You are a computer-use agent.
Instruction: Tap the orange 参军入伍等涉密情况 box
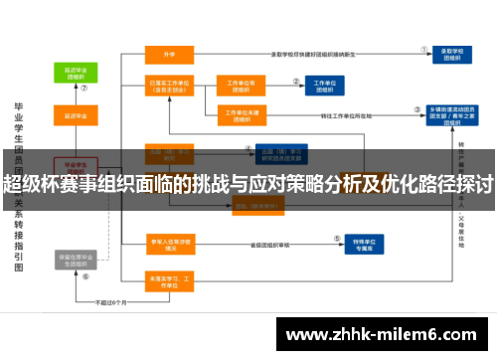tap(168, 243)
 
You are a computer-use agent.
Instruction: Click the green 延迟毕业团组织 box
tap(75, 73)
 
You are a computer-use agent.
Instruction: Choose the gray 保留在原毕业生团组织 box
tap(75, 261)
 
